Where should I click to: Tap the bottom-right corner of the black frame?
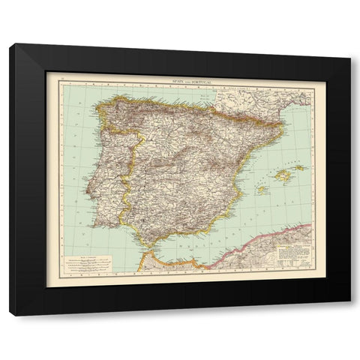pos(349,313)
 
